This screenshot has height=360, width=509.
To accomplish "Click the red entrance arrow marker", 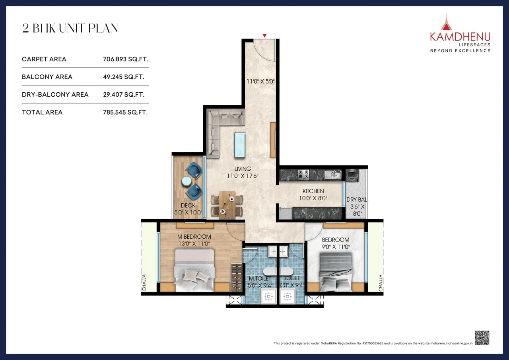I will [264, 36].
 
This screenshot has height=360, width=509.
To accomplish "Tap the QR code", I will [482, 337].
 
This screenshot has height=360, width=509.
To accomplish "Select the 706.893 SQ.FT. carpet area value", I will [125, 59].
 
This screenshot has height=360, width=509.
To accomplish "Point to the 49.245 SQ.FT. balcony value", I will [123, 77].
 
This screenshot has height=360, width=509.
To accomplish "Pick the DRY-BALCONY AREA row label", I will [55, 95].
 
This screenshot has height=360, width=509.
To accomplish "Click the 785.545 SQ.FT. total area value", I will [125, 113].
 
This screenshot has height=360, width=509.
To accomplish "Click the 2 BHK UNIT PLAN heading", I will [70, 29].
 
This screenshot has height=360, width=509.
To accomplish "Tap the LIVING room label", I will [242, 169].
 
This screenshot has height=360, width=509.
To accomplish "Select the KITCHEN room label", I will [313, 191].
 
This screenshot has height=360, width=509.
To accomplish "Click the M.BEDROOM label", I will [194, 237].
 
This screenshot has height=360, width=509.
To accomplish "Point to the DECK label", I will [188, 206].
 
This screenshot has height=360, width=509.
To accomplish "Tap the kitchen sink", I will [332, 174].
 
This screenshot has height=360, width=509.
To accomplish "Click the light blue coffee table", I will [240, 144].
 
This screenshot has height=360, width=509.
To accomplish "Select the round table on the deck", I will [187, 181].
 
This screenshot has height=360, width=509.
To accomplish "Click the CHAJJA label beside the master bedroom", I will [144, 283].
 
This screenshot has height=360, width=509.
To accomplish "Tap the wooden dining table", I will [227, 204].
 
